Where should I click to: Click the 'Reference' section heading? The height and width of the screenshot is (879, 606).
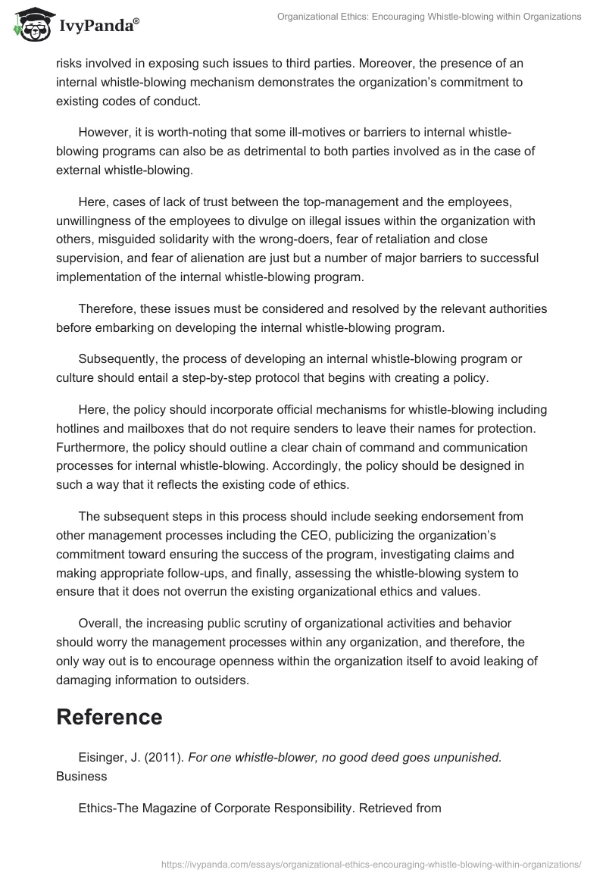click(109, 717)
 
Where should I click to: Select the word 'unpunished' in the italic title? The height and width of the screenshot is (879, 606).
click(467, 756)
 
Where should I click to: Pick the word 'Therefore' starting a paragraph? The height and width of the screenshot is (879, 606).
click(108, 309)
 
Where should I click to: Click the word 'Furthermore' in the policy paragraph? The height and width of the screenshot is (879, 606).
click(89, 447)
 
